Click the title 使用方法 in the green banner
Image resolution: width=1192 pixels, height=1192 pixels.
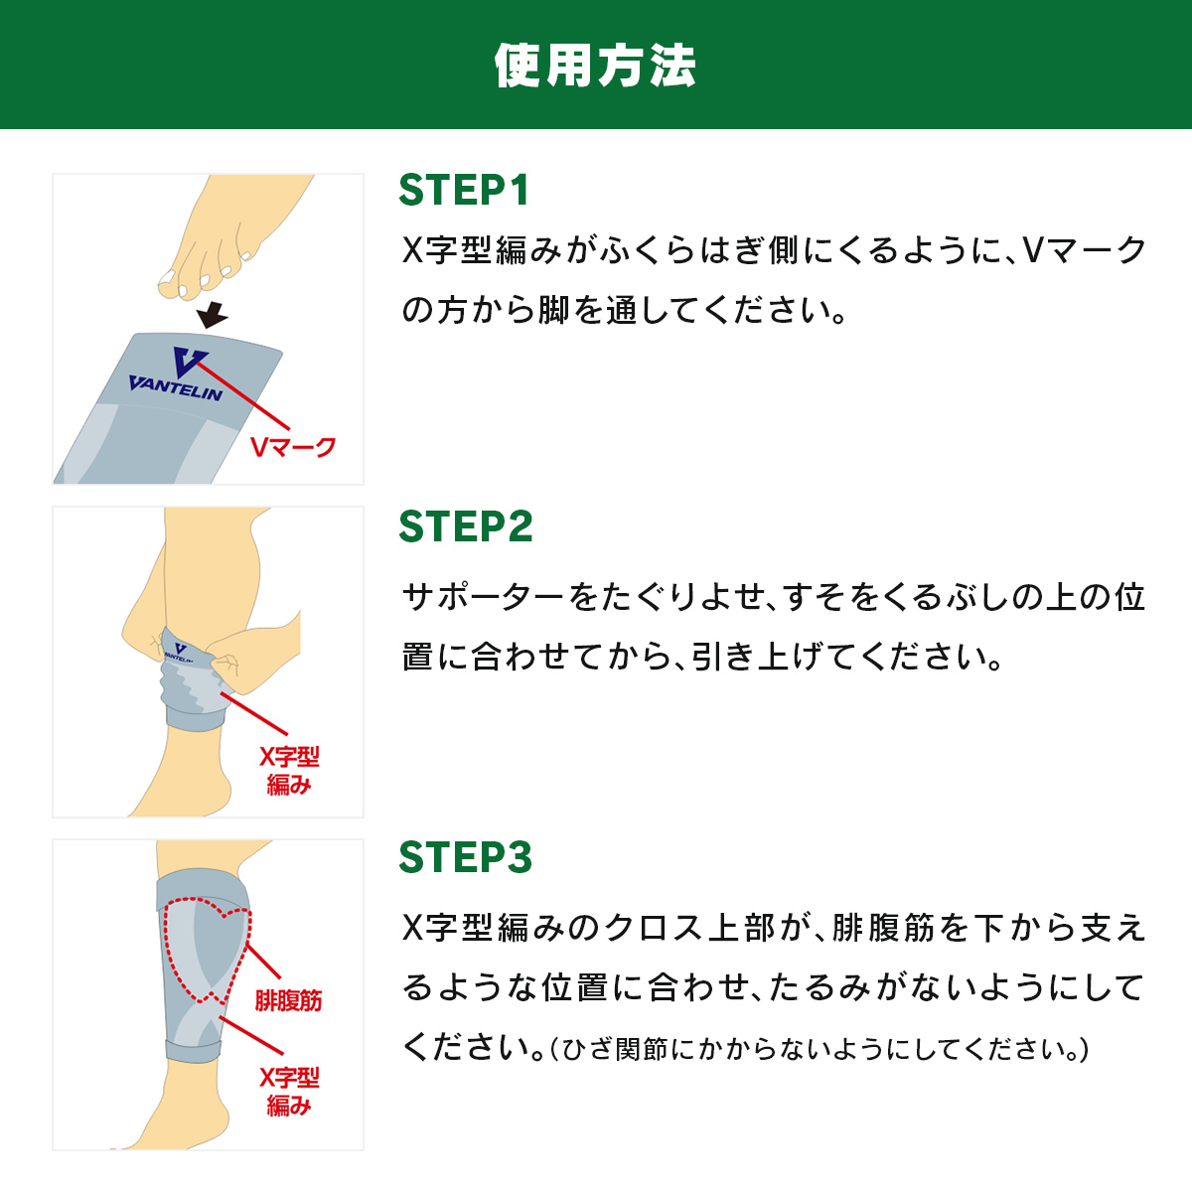pos(595,65)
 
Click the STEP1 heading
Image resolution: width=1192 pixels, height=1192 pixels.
pos(464,190)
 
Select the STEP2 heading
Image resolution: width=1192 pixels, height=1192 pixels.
pos(466,526)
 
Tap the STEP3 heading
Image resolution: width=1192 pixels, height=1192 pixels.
pos(466,856)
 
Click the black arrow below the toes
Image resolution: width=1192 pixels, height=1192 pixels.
pos(213,314)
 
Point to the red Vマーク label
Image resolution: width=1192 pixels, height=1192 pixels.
pos(293,447)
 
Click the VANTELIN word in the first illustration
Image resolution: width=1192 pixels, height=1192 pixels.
pos(175,387)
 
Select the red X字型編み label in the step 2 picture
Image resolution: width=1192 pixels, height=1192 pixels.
pos(289,771)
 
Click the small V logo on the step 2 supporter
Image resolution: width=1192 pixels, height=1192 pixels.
pos(181,649)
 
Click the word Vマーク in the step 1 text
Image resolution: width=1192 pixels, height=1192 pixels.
pos(1085,250)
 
